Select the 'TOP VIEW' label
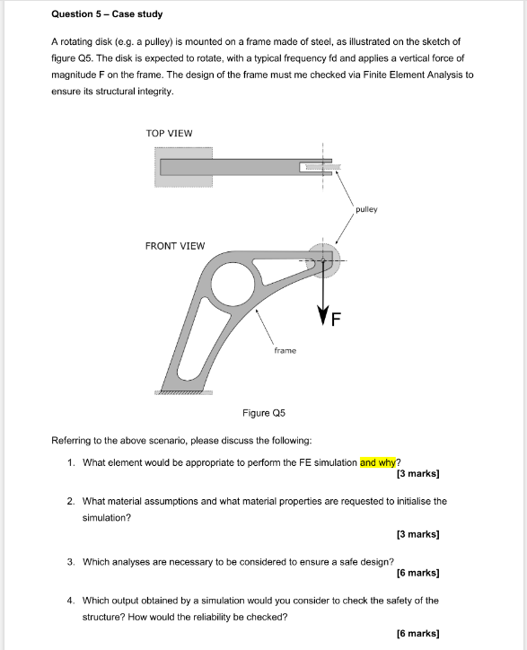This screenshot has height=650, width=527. [x=169, y=134]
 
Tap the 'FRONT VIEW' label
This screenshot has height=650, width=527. [x=174, y=245]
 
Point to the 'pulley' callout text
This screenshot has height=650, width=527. [x=366, y=209]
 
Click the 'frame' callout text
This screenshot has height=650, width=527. [x=285, y=350]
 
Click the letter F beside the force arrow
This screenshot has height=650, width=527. [x=337, y=318]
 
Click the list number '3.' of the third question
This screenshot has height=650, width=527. [x=71, y=562]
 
